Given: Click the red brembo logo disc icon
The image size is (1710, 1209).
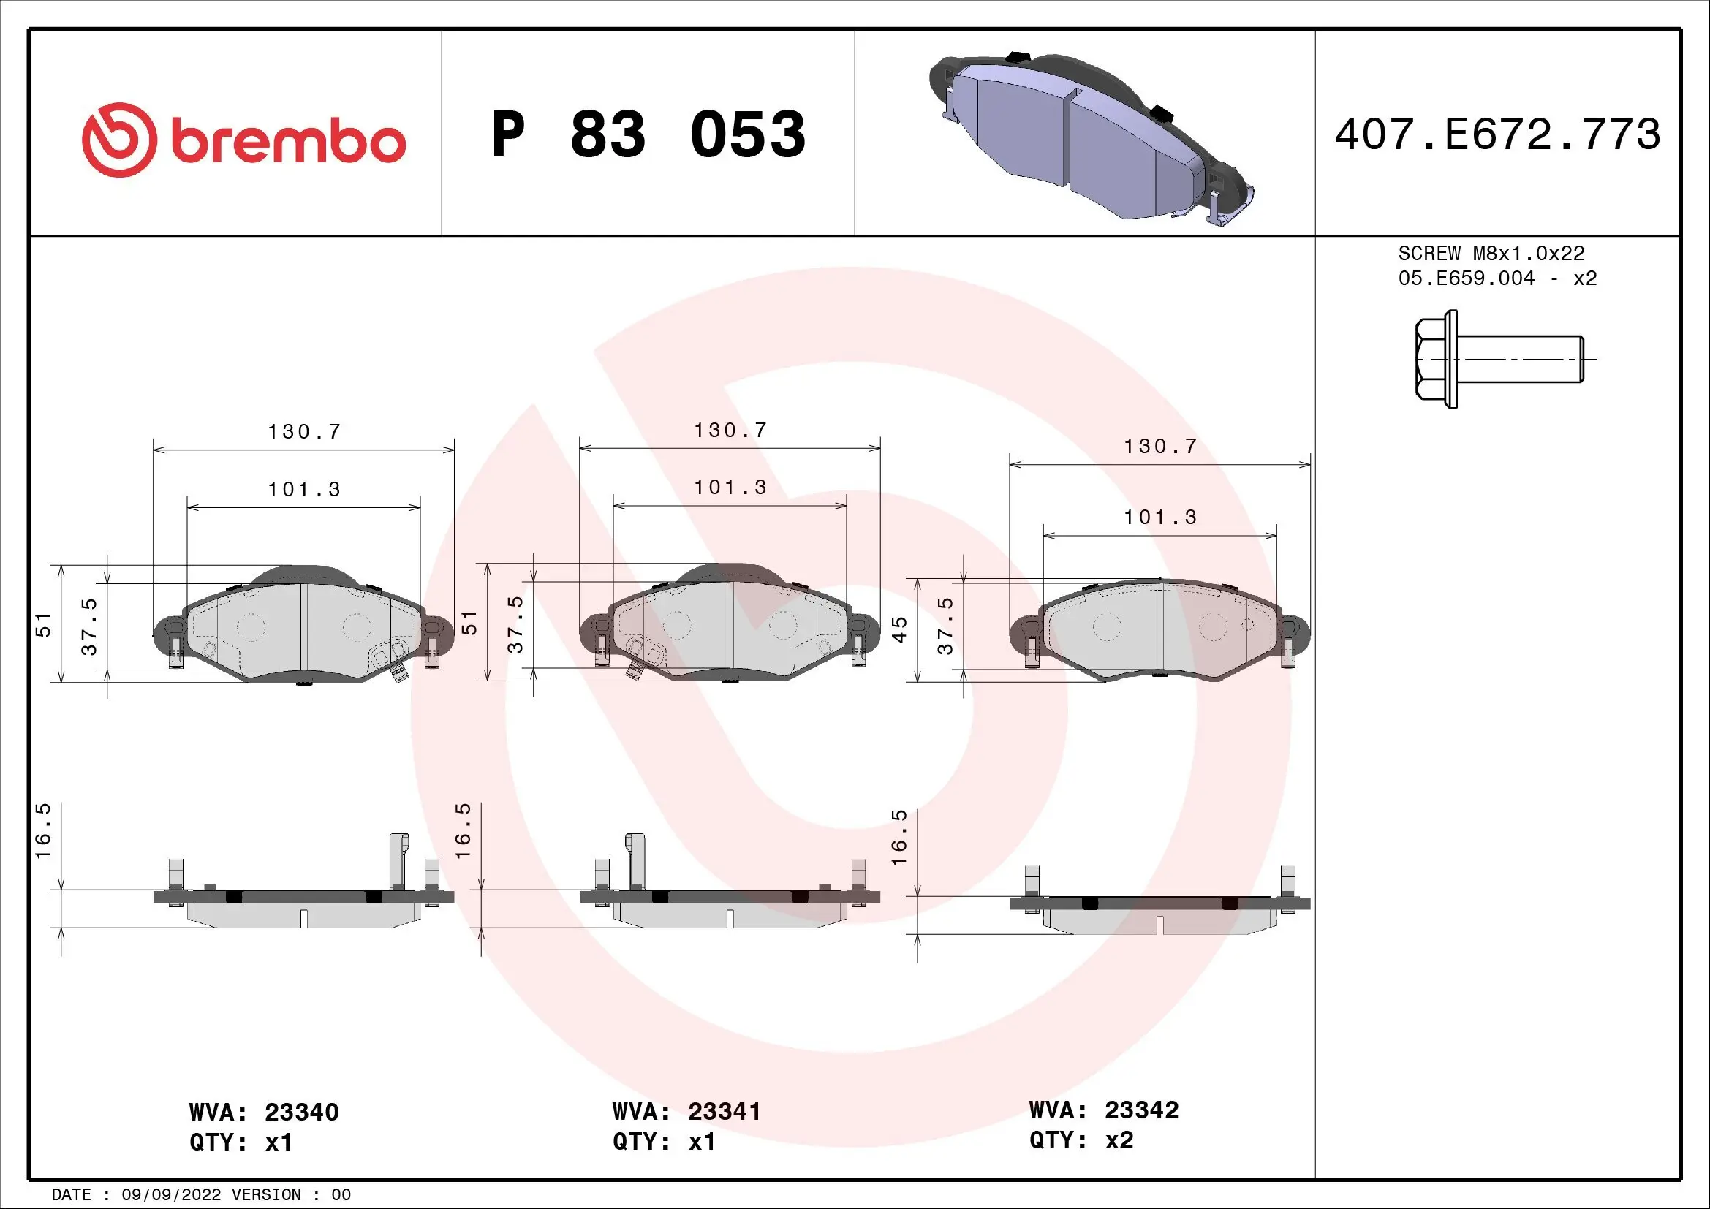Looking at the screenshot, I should [x=119, y=140].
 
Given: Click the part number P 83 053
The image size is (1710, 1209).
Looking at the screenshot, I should [x=648, y=134].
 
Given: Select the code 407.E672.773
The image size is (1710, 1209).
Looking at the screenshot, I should [x=1498, y=134].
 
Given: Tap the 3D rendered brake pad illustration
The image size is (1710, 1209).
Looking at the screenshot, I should [x=1091, y=137].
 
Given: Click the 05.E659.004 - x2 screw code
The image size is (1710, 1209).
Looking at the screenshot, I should [x=1497, y=278].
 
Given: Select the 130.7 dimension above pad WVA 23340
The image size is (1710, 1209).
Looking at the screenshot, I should [x=304, y=432].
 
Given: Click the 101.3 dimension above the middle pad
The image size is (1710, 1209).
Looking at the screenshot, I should [x=730, y=488].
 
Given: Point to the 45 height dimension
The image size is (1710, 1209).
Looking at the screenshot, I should [x=900, y=630].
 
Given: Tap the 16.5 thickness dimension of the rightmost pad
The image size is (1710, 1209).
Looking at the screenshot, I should [x=900, y=837].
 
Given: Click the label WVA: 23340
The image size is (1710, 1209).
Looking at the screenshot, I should [x=264, y=1113].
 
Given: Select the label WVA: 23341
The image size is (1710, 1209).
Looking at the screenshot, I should [x=686, y=1112].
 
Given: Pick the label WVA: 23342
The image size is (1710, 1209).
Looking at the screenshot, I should [x=1104, y=1110].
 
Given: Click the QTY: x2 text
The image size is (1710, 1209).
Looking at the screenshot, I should [x=1081, y=1140].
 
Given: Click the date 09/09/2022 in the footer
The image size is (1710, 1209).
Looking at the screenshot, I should [x=171, y=1195].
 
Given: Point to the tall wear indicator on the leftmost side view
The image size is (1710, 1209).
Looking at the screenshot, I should [x=399, y=860].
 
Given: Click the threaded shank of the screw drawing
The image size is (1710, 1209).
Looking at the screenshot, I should [x=1519, y=360].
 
